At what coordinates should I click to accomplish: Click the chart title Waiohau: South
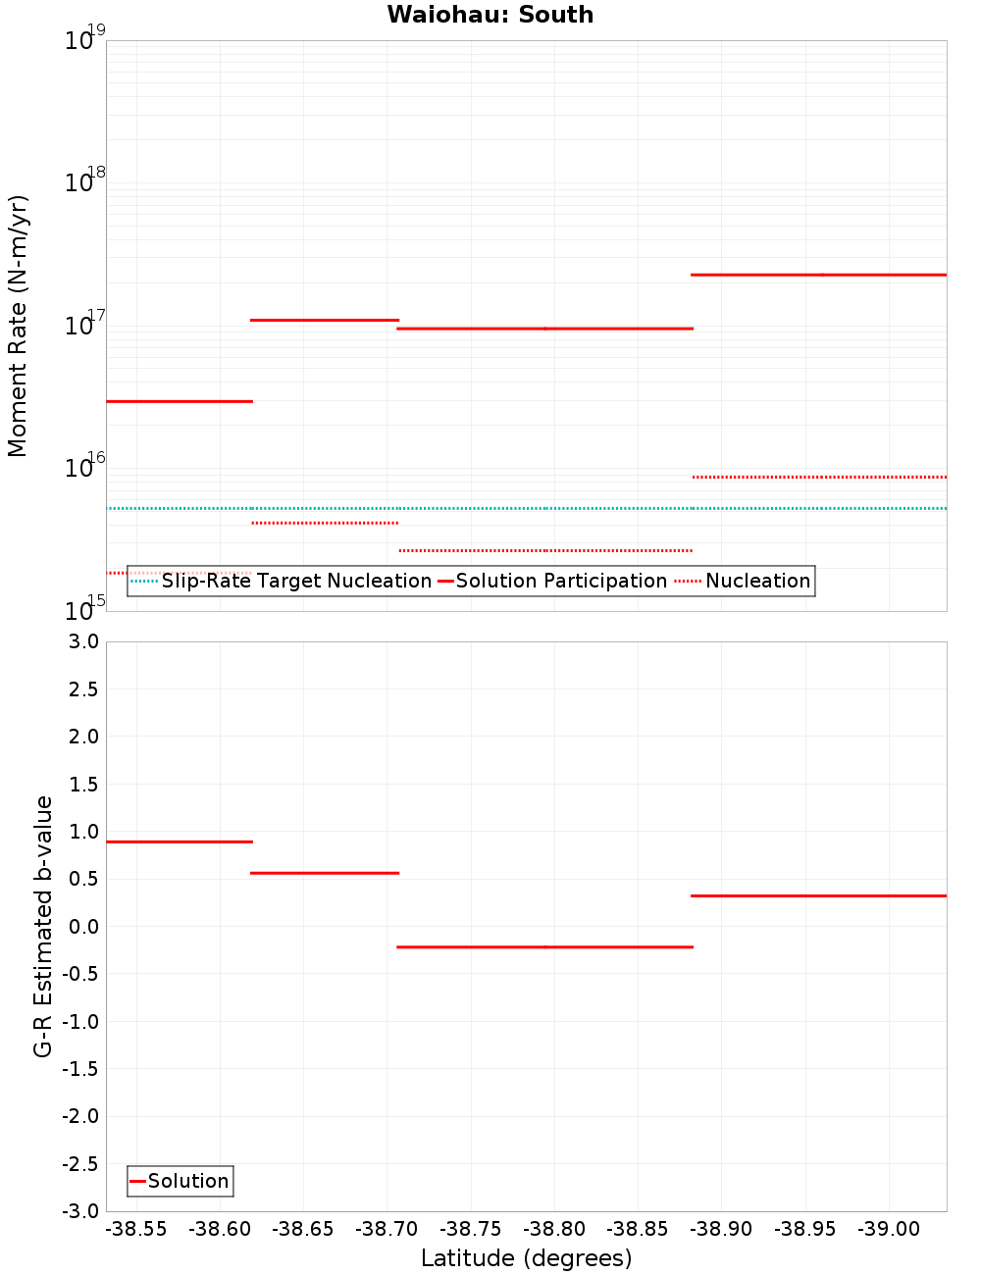tap(490, 15)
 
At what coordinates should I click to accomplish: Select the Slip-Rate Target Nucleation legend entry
tap(295, 581)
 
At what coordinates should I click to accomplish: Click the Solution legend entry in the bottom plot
tap(187, 1181)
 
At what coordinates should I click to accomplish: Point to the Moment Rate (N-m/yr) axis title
tap(18, 326)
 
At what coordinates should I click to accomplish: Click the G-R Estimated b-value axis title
tap(43, 927)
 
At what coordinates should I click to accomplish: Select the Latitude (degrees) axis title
tap(526, 1258)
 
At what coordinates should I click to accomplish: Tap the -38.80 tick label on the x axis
tap(554, 1229)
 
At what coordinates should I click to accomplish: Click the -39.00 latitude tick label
tap(889, 1229)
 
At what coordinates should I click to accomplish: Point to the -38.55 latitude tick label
tap(136, 1229)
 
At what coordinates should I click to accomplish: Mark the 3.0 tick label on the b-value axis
tap(81, 641)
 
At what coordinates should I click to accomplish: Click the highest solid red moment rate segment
tap(819, 275)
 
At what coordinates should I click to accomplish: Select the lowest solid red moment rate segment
tap(180, 401)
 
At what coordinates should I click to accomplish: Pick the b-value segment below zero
tap(544, 946)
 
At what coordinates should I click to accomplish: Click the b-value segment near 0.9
tap(180, 841)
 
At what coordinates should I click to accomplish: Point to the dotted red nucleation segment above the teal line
tap(819, 477)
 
